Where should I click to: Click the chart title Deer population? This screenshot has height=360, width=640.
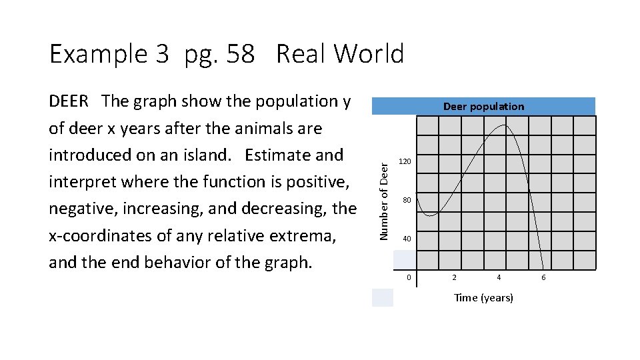pyautogui.click(x=483, y=107)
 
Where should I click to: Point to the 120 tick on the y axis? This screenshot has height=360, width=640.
pyautogui.click(x=405, y=162)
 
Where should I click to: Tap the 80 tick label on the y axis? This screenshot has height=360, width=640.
pyautogui.click(x=406, y=200)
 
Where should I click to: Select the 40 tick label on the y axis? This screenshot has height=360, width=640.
pyautogui.click(x=406, y=239)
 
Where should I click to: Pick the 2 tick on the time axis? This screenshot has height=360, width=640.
pyautogui.click(x=455, y=277)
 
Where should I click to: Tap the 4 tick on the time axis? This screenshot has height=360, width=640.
pyautogui.click(x=499, y=277)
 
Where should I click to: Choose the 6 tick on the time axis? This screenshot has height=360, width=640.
pyautogui.click(x=543, y=277)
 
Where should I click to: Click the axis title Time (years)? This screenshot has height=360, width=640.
pyautogui.click(x=483, y=298)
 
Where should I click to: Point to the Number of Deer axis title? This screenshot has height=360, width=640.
pyautogui.click(x=384, y=193)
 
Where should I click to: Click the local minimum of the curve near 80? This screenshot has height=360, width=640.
pyautogui.click(x=431, y=215)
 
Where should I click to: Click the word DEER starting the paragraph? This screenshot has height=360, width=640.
pyautogui.click(x=69, y=101)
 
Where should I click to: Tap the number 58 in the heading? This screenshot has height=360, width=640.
pyautogui.click(x=240, y=54)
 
